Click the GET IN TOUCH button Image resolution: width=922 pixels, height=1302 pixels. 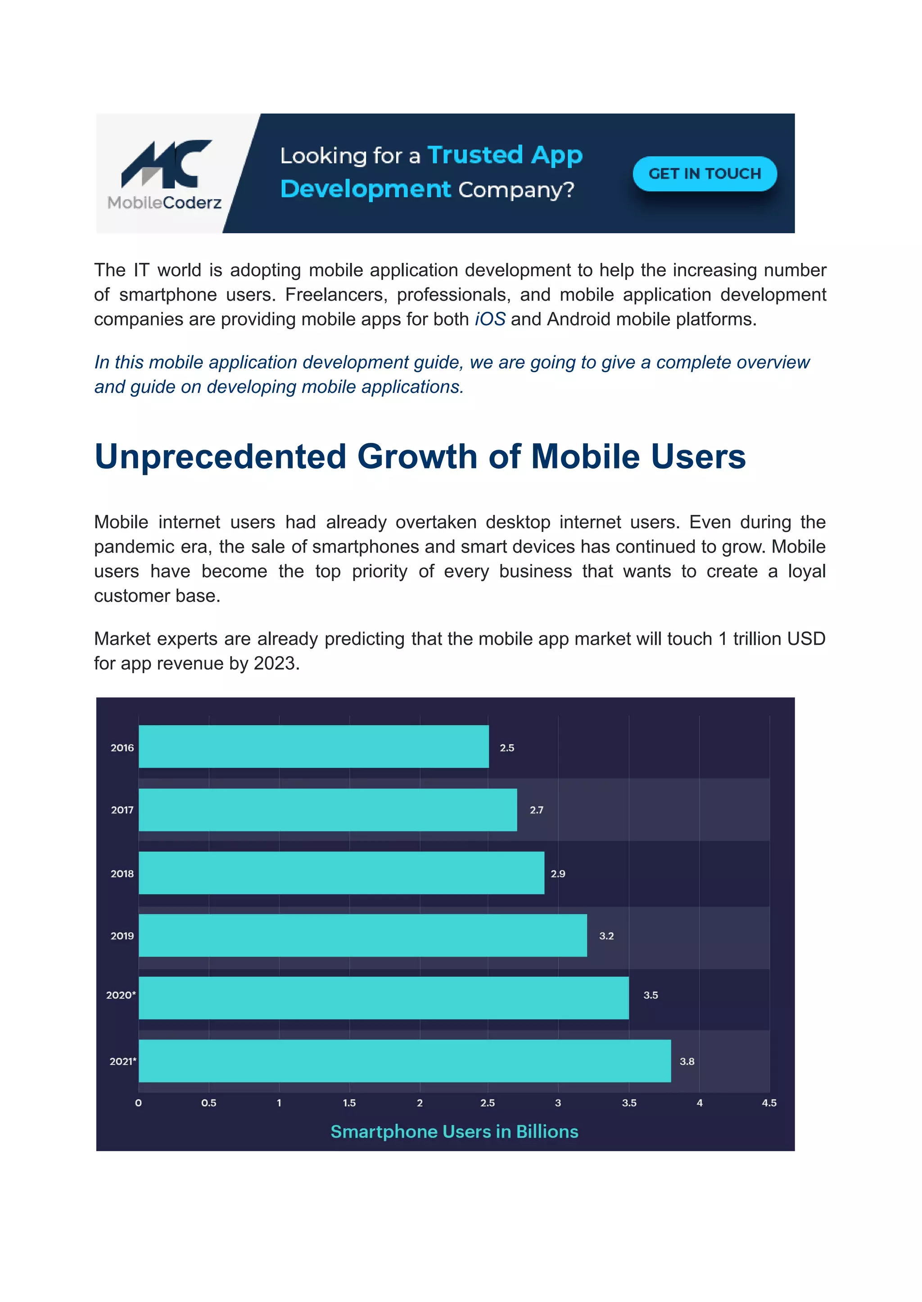click(704, 174)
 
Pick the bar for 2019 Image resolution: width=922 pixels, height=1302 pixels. click(362, 935)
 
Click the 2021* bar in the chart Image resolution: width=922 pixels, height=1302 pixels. click(404, 1061)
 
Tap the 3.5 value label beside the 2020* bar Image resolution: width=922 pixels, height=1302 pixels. click(650, 995)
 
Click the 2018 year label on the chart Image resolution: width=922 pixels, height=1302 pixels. click(122, 874)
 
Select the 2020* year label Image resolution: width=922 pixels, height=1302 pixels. click(120, 995)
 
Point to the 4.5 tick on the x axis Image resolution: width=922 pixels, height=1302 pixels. click(769, 1103)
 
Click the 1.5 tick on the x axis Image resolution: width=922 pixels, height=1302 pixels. click(349, 1103)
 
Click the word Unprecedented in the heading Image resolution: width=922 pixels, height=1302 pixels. click(220, 456)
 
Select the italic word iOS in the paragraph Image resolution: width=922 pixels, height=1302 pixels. click(489, 320)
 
